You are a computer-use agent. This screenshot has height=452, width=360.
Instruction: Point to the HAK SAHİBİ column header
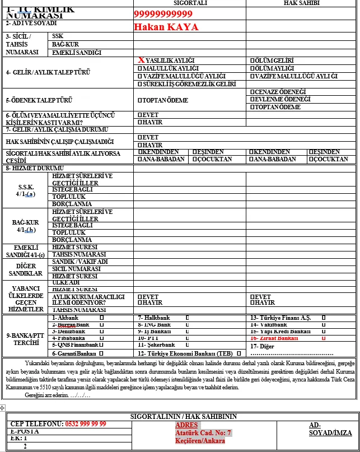pos(302,3)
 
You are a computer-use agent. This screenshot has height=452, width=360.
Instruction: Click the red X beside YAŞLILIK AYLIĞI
pos(141,59)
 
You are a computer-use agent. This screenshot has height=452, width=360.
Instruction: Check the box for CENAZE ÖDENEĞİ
pos(252,92)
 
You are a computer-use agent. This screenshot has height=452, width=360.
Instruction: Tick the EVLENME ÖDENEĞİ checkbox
pos(252,99)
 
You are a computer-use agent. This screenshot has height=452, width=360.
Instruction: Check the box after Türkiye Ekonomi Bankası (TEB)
pos(239,353)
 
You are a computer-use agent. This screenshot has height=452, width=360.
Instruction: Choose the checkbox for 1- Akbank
pos(101,318)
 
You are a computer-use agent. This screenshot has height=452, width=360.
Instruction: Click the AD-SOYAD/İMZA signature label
pos(330,429)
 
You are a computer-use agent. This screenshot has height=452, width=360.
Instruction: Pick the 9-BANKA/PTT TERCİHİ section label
pos(25,339)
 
